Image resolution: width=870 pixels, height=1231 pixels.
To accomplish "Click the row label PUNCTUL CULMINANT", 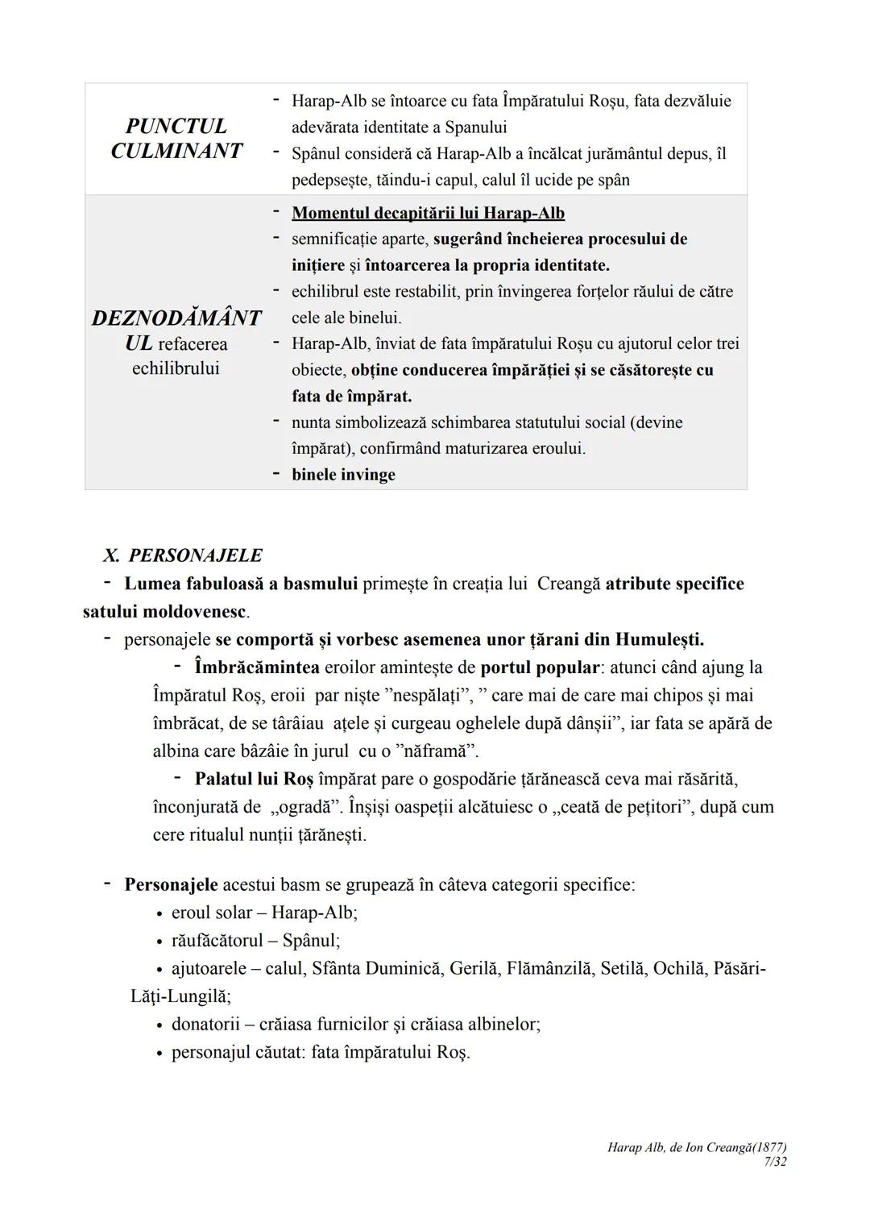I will (x=176, y=139).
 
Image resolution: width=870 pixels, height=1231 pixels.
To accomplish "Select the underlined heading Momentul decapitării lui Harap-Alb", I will (x=428, y=214).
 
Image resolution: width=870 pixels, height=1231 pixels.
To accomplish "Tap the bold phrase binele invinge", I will (x=343, y=475).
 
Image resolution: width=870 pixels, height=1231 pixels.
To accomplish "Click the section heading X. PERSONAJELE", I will (x=183, y=555).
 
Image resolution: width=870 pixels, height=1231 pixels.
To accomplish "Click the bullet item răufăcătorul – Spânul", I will (x=255, y=941).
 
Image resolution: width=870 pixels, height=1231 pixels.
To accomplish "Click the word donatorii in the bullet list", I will (x=205, y=1025).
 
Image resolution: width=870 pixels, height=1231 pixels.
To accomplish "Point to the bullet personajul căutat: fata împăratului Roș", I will (x=320, y=1053).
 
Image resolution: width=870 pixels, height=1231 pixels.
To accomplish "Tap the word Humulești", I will (x=659, y=640).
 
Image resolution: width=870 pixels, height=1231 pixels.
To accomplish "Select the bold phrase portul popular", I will (x=539, y=667).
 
